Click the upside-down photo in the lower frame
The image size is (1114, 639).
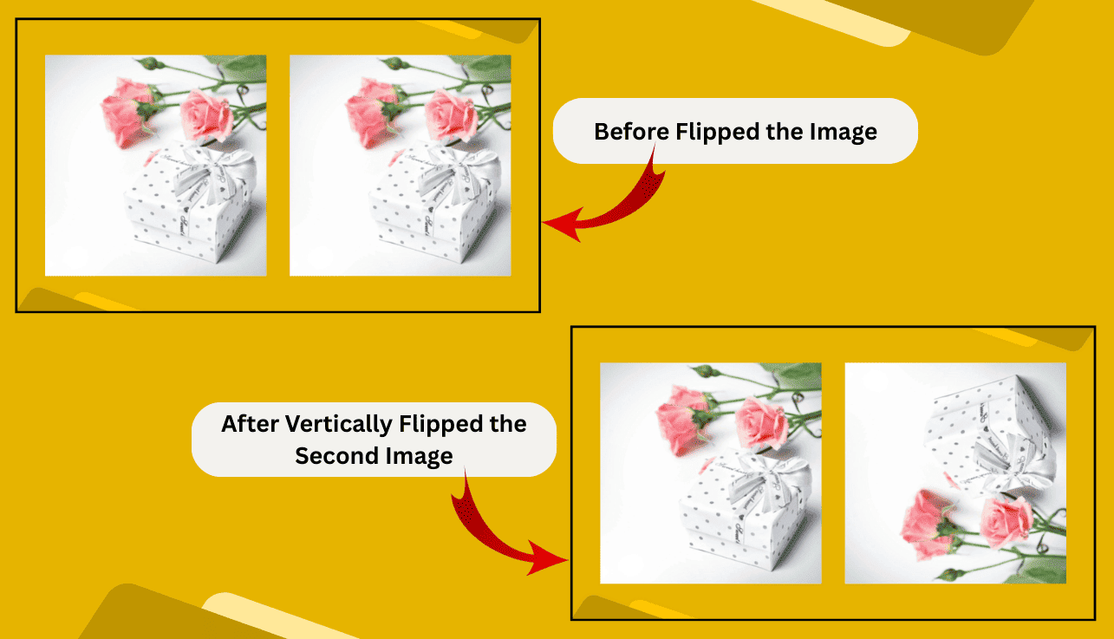(955, 473)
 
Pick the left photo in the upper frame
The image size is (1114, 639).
(155, 165)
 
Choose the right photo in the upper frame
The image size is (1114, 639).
(400, 165)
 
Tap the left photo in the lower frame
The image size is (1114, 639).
(710, 473)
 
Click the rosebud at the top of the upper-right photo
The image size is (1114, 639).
(393, 63)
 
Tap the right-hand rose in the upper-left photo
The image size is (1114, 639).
(207, 114)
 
